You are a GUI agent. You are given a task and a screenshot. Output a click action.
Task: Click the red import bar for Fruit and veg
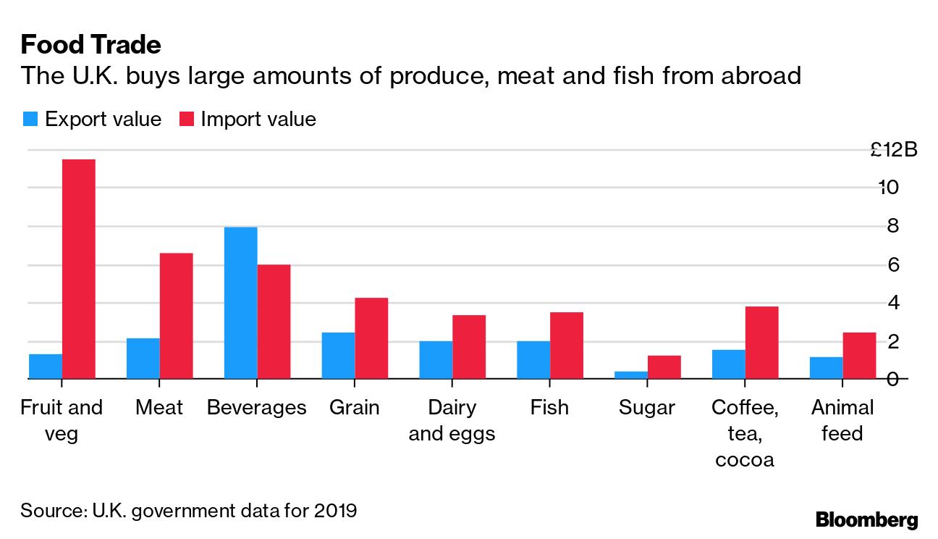[x=79, y=269]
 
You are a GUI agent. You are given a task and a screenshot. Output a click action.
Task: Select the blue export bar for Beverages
[x=240, y=303]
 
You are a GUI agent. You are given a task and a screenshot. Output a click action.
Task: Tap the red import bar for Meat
[x=176, y=316]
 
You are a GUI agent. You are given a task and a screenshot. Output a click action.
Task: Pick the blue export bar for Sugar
[x=631, y=375]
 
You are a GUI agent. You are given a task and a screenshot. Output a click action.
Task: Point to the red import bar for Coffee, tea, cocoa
[x=761, y=343]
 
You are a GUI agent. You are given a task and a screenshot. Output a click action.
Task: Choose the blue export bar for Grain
[x=338, y=356]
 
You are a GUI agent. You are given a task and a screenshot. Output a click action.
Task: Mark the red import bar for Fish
[x=566, y=346]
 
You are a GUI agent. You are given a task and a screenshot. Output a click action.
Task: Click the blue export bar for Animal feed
[x=826, y=368]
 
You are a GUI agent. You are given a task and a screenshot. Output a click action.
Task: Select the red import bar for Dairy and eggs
[x=468, y=347]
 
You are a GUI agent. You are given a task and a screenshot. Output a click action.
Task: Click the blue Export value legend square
[x=29, y=119]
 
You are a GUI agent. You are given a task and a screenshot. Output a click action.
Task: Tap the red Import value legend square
[x=186, y=119]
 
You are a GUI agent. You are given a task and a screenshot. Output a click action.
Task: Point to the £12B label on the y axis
[x=894, y=150]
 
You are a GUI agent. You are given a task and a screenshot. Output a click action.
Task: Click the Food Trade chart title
[x=90, y=45]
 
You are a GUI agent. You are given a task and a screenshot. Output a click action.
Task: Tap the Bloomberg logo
[x=866, y=519]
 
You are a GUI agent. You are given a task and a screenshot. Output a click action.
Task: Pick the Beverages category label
[x=256, y=407]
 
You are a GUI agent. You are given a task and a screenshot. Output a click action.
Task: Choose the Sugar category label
[x=646, y=407]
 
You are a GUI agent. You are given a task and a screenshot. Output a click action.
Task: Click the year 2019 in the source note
[x=335, y=510]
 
